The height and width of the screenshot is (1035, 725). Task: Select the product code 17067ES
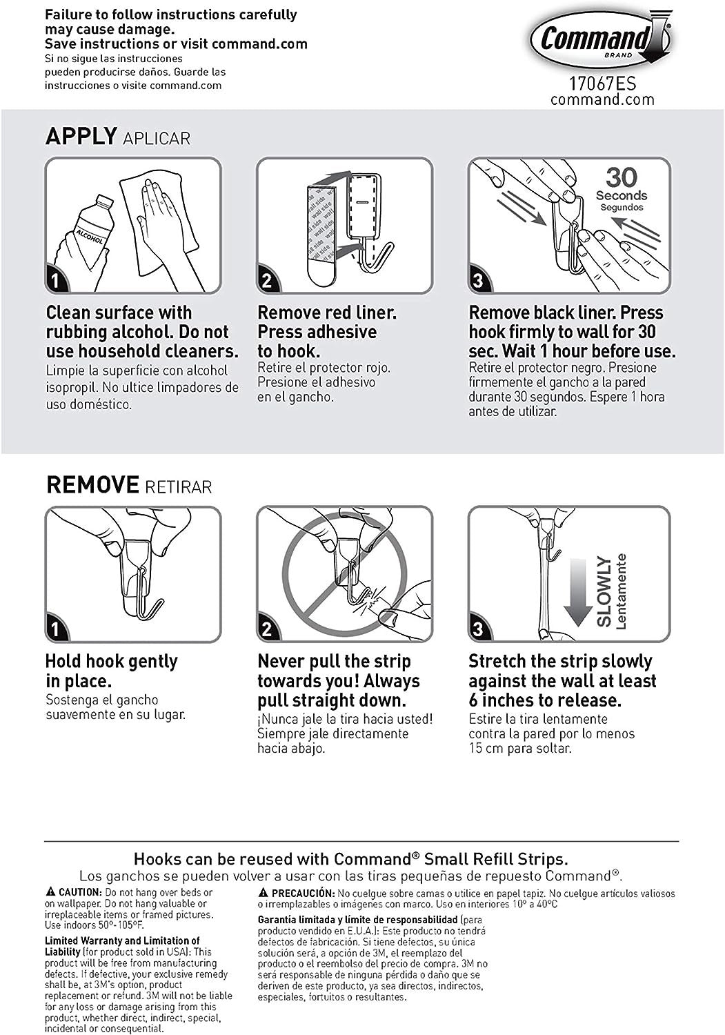602,83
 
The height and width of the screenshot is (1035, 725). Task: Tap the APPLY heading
81,136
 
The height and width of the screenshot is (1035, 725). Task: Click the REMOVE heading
93,484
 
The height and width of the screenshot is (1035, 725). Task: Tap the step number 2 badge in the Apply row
267,281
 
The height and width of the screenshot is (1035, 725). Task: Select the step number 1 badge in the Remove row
56,629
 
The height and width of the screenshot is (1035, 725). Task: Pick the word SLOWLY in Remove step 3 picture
604,591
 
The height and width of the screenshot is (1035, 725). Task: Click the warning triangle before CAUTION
50,892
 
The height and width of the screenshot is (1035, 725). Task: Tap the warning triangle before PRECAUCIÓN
263,893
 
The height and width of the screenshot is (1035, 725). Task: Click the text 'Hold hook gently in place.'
111,671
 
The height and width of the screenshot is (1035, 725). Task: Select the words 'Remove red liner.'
327,313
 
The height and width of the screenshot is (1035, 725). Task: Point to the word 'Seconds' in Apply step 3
622,196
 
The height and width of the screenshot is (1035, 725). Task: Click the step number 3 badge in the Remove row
479,629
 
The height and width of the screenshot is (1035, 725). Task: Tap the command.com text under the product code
602,99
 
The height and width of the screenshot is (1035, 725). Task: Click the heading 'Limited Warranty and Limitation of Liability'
121,945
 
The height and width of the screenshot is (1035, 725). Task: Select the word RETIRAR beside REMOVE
179,486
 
